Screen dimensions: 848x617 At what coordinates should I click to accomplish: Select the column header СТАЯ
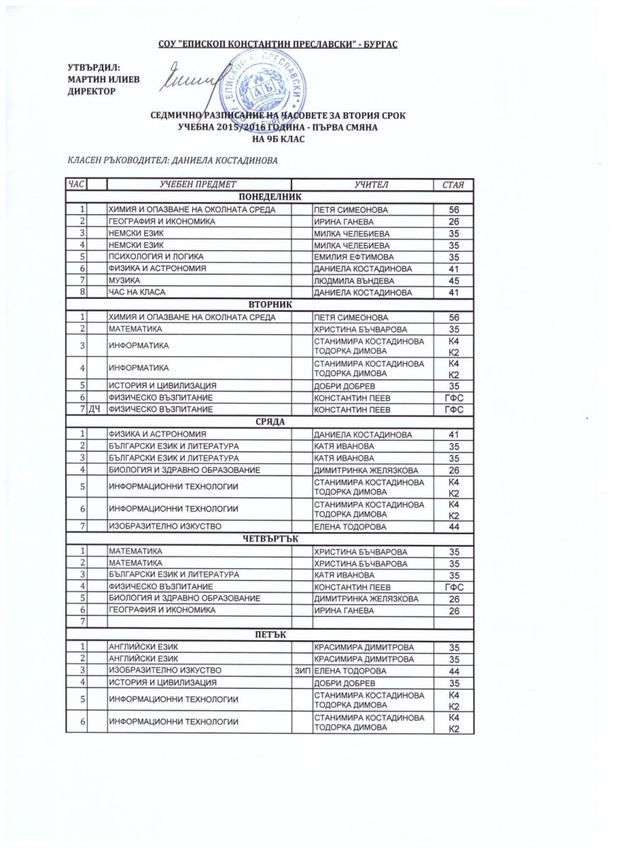[x=453, y=185]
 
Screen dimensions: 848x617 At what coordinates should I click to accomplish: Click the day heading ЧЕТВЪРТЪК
[x=270, y=538]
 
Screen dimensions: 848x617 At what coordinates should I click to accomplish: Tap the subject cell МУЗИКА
[x=124, y=281]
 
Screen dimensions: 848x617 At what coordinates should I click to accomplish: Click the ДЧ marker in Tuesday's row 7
[x=96, y=409]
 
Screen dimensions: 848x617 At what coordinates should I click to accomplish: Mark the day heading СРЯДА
[x=270, y=421]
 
